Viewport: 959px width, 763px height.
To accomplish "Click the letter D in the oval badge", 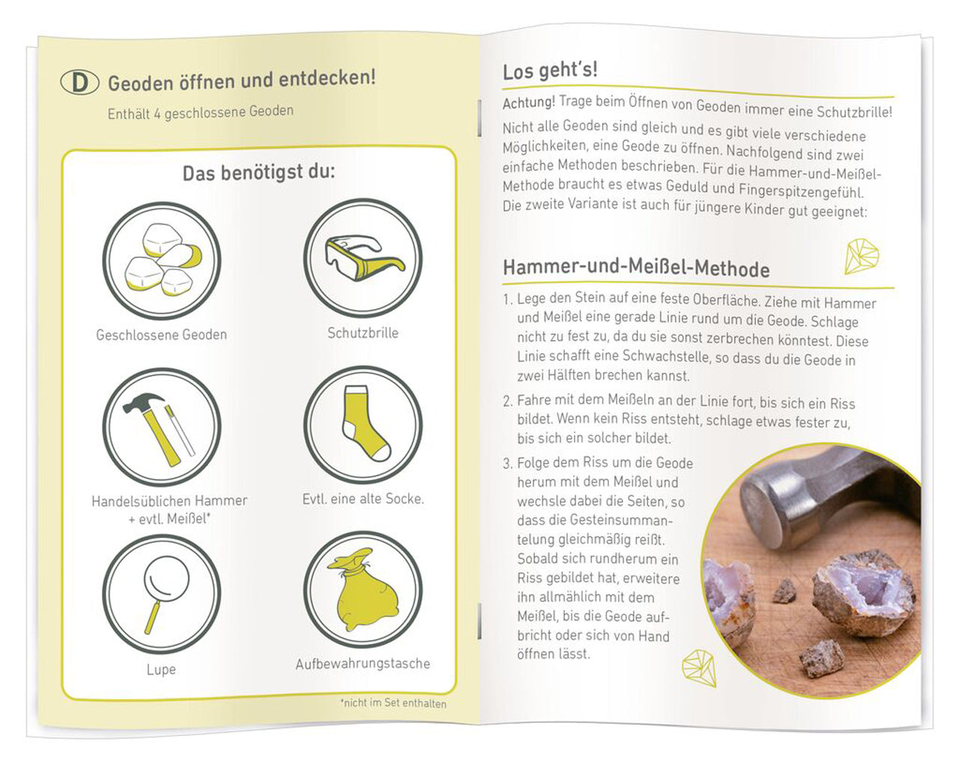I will click(x=79, y=82).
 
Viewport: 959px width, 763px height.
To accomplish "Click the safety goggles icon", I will click(x=363, y=258).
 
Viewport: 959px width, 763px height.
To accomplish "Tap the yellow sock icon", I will click(x=363, y=424).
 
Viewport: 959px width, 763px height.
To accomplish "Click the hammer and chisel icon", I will click(x=161, y=427).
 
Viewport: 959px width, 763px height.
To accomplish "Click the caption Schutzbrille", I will click(x=363, y=333).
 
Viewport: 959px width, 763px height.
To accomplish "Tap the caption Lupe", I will click(x=161, y=669).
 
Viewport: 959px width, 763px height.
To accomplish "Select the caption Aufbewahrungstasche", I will click(x=363, y=663).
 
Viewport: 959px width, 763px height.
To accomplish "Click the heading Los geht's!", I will click(x=550, y=71).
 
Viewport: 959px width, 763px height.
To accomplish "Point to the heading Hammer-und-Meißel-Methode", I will click(x=636, y=268).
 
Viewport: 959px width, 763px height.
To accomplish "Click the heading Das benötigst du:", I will click(x=259, y=173).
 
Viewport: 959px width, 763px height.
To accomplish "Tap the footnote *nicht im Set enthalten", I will click(x=393, y=703).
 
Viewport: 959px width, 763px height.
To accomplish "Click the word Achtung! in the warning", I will click(x=529, y=102).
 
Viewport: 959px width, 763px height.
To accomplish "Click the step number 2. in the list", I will click(x=507, y=401).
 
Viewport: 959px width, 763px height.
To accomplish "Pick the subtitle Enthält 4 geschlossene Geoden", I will click(x=200, y=112).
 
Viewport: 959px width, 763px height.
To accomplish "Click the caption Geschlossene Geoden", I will click(x=161, y=335).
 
